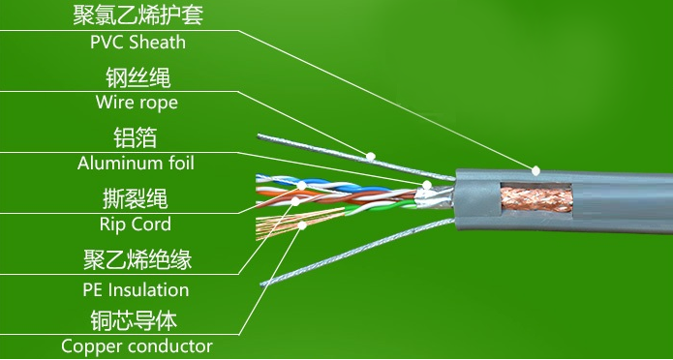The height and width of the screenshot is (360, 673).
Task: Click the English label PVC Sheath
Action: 138,43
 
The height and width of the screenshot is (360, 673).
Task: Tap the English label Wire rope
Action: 137,102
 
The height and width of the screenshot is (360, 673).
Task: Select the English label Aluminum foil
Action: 136,163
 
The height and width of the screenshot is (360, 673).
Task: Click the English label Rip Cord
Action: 136,224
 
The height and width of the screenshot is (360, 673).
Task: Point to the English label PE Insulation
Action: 136,289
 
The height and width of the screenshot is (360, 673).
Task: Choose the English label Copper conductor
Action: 137,345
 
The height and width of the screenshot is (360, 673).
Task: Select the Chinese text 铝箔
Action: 136,137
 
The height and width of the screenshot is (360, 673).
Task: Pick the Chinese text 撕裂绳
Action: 136,199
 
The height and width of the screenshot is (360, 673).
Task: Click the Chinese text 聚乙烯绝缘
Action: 136,260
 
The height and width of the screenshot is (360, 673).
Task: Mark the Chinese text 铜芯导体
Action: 137,320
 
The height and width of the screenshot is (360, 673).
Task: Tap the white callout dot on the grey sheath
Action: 534,169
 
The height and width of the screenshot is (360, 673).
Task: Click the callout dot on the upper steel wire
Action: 372,155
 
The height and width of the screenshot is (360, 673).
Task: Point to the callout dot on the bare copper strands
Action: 303,225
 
